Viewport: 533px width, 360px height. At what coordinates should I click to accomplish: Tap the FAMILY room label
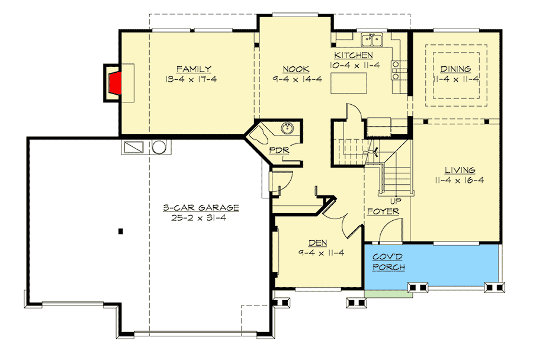click(x=194, y=69)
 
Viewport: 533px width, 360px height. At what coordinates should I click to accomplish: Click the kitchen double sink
click(x=372, y=40)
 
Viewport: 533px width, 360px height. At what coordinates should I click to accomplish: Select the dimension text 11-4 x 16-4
click(x=457, y=180)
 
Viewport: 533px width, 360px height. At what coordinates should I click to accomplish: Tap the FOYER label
click(x=383, y=211)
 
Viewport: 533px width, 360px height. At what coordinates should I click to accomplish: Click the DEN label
click(x=318, y=243)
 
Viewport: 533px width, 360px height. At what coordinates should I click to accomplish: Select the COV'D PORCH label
click(x=388, y=262)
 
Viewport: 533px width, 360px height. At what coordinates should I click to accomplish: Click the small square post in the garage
click(x=120, y=231)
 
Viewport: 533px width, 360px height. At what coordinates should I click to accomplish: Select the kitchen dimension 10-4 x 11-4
click(x=355, y=65)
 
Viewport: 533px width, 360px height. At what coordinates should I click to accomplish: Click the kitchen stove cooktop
click(x=396, y=69)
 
